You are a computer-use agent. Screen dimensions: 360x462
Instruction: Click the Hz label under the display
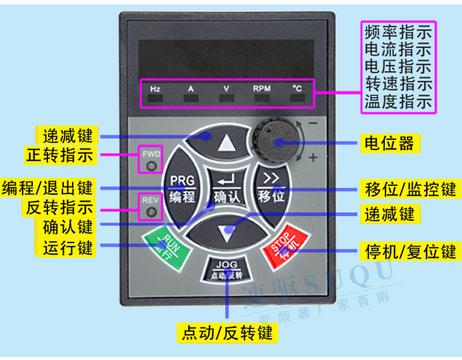pyautogui.click(x=155, y=89)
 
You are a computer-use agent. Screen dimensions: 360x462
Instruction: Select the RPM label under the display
pyautogui.click(x=261, y=89)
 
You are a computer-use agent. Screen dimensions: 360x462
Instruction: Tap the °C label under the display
pyautogui.click(x=297, y=89)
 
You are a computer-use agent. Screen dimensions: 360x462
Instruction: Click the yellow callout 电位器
pyautogui.click(x=388, y=143)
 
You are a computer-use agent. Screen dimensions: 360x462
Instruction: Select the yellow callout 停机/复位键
pyautogui.click(x=410, y=252)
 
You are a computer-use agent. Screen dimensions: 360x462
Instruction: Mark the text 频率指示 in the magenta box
pyautogui.click(x=398, y=31)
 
